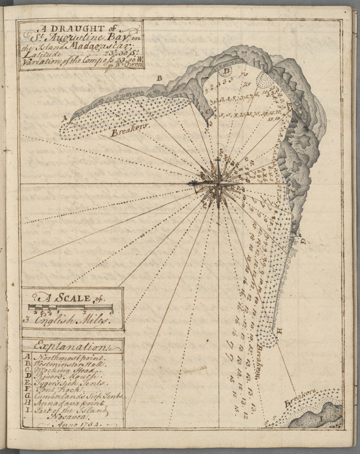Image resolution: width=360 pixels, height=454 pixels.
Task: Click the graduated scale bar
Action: point(70,308)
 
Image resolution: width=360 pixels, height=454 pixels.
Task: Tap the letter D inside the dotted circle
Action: point(226,70)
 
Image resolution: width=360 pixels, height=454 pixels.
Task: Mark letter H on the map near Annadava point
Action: point(280,331)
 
